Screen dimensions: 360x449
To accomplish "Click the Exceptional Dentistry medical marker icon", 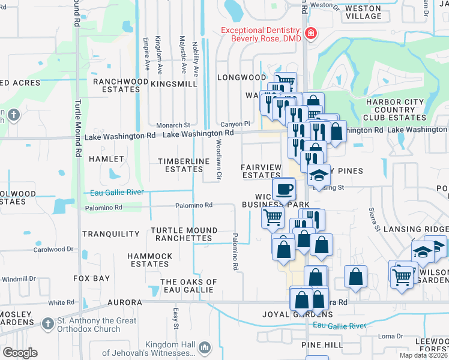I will click(x=310, y=34).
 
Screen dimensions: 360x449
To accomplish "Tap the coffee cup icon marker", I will click(x=285, y=189).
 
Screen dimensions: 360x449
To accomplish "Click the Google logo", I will click(x=20, y=353).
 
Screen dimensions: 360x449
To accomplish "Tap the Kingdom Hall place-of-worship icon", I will click(x=205, y=347).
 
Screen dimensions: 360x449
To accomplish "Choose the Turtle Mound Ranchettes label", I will click(x=184, y=234).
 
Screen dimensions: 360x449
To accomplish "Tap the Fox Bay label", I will click(x=92, y=278).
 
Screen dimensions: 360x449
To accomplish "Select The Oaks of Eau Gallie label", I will click(x=188, y=286).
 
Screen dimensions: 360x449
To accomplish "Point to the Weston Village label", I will click(x=364, y=12).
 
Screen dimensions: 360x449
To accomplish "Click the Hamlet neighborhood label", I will click(x=106, y=159).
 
